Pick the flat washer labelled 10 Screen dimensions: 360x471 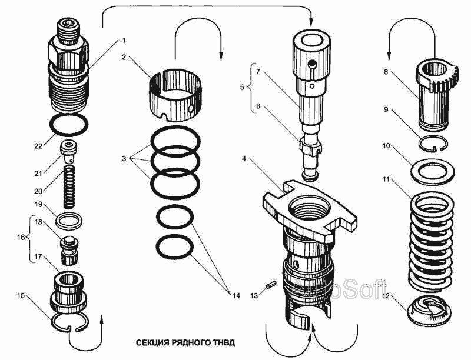(437, 172)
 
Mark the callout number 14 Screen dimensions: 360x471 (236, 295)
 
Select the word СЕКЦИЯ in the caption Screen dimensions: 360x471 (152, 342)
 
